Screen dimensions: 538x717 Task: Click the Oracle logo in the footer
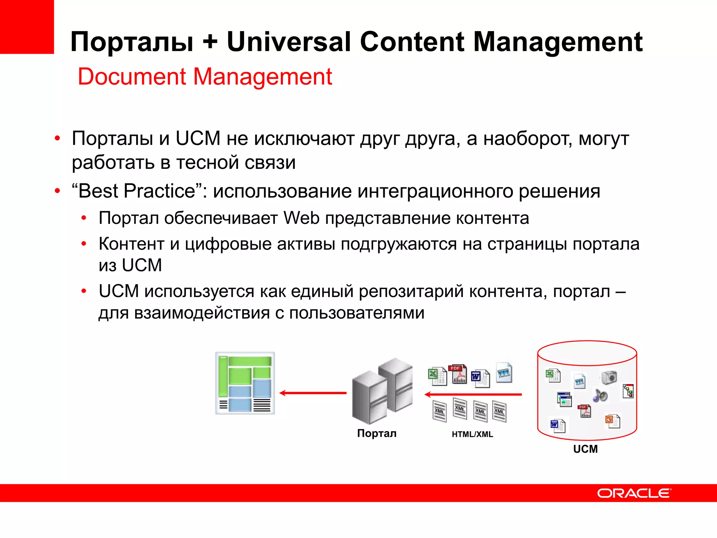634,493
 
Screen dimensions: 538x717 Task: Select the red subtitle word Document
132,77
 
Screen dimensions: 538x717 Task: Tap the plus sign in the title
210,42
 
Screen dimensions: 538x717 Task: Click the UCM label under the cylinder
585,449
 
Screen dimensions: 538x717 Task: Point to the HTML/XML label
472,434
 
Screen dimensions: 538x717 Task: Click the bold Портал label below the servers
377,434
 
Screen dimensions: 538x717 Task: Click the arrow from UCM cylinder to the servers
473,395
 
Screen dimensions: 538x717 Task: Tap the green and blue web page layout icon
245,383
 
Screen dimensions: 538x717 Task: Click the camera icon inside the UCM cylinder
610,377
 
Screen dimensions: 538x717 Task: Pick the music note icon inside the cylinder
600,396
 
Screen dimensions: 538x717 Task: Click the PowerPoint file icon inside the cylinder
612,421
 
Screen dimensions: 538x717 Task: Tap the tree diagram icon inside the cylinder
628,391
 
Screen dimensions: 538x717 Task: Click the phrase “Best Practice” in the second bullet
137,191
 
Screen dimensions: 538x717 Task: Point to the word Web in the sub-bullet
301,218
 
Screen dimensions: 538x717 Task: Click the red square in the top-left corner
27,27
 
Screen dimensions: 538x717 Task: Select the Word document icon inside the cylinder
557,426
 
